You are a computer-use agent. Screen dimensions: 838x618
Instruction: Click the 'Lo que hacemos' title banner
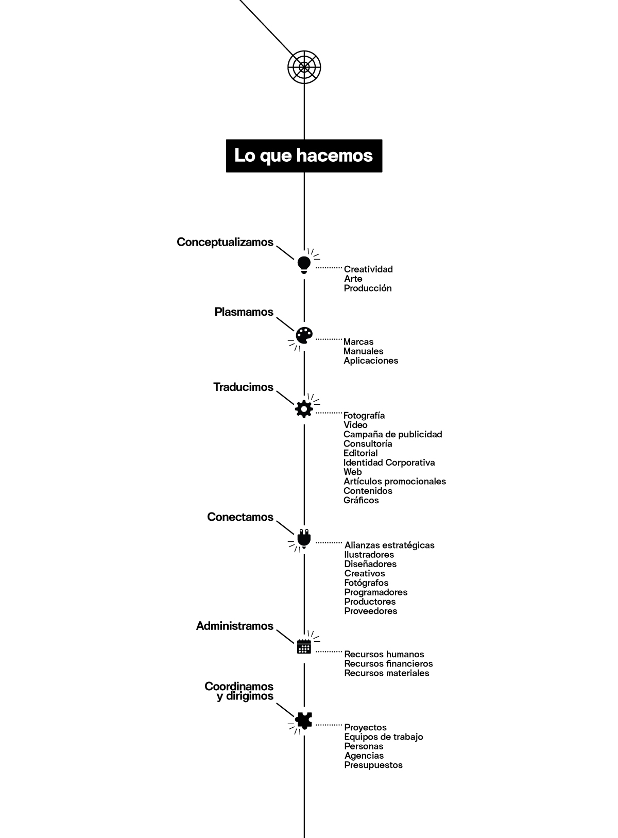(x=304, y=156)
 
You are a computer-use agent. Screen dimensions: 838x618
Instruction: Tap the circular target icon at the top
(x=304, y=67)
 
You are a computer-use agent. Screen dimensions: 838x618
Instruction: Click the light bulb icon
(x=304, y=264)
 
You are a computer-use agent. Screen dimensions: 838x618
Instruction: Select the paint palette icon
(x=304, y=335)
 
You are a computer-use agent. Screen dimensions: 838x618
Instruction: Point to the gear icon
(x=304, y=408)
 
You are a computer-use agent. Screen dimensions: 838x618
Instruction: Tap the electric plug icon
(x=304, y=538)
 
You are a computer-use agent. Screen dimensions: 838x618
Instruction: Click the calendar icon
(x=304, y=646)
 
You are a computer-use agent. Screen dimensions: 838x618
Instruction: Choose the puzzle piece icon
(x=304, y=720)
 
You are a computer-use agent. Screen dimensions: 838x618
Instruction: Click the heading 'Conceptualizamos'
(x=225, y=242)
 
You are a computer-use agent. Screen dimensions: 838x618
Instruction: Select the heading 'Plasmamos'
(x=244, y=312)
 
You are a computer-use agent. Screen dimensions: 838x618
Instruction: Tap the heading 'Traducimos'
(x=243, y=387)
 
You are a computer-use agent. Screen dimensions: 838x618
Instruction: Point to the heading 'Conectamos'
(x=240, y=517)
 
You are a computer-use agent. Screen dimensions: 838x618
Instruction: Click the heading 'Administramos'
(x=235, y=626)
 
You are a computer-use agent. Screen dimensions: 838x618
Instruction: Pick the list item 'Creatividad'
(x=368, y=269)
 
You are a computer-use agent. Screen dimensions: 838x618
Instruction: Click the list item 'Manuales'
(x=364, y=351)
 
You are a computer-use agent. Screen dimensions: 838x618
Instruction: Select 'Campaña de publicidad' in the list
(x=392, y=434)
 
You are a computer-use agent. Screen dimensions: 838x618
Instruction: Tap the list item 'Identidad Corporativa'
(x=389, y=463)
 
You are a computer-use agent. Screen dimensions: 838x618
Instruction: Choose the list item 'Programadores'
(x=376, y=592)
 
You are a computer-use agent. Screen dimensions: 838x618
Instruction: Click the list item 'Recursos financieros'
(x=388, y=664)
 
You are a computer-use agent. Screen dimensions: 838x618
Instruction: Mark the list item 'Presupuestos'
(x=373, y=765)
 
